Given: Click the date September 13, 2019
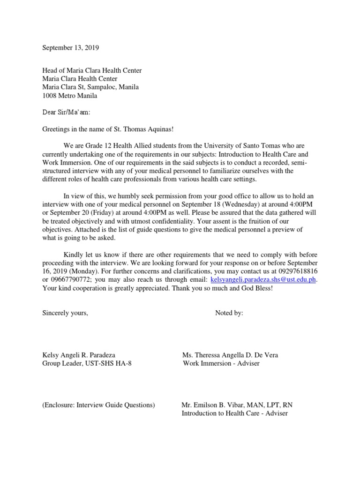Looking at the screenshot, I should (x=71, y=48).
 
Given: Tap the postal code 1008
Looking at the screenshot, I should (x=50, y=96).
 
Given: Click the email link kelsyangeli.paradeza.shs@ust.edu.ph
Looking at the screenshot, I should (x=264, y=279).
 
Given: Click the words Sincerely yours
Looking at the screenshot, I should (x=65, y=313).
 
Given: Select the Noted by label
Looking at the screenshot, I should (x=229, y=313).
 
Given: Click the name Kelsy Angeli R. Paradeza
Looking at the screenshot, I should (x=79, y=355).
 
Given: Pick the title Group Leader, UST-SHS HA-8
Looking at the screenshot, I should (x=87, y=364).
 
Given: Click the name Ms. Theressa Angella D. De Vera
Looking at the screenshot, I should (x=230, y=355).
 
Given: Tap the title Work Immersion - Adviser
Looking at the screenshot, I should (x=221, y=364).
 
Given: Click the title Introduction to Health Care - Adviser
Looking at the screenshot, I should (x=234, y=413).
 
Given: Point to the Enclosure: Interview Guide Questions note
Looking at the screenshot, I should (x=98, y=405).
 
